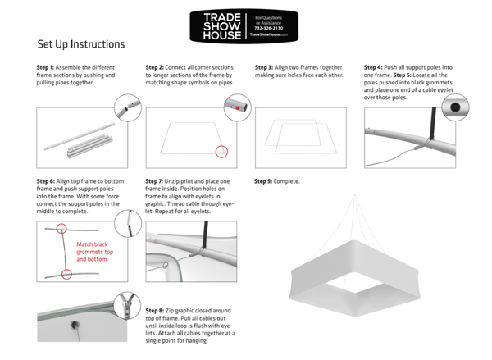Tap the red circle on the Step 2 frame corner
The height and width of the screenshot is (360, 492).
tap(220, 151)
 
